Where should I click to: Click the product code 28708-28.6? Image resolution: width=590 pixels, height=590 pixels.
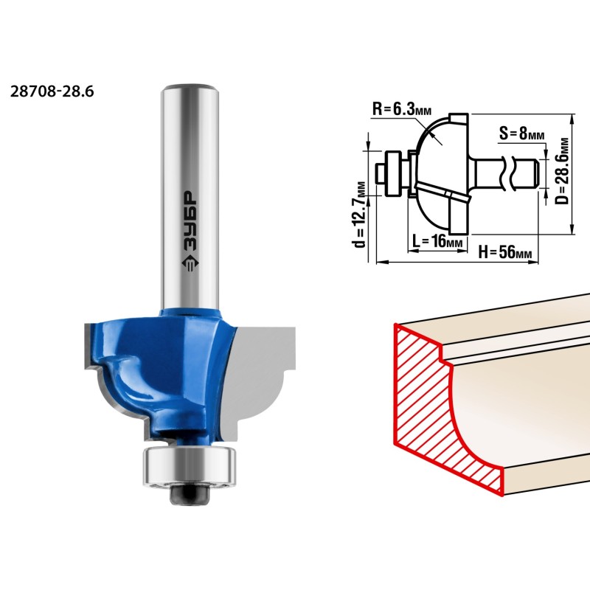click(x=52, y=91)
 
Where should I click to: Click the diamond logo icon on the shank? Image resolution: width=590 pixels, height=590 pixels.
click(x=190, y=263)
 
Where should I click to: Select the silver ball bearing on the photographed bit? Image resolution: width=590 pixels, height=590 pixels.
click(x=190, y=466)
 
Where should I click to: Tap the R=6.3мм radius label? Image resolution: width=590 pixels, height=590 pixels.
click(x=402, y=109)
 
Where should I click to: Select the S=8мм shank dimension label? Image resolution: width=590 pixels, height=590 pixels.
click(x=521, y=133)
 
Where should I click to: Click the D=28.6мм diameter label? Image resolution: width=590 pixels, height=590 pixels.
click(x=562, y=171)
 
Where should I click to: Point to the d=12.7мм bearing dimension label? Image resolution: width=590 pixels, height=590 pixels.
click(x=360, y=215)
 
